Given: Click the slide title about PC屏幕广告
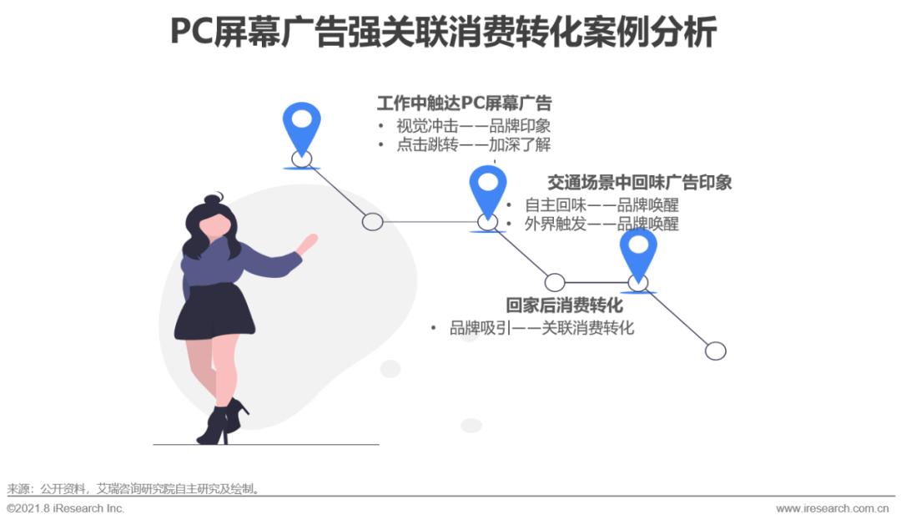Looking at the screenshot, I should pyautogui.click(x=443, y=33).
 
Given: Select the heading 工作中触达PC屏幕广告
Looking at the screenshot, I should pyautogui.click(x=464, y=103).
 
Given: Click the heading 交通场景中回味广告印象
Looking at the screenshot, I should pyautogui.click(x=639, y=182).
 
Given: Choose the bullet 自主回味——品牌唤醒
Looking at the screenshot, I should pyautogui.click(x=602, y=204).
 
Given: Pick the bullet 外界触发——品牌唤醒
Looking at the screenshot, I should pyautogui.click(x=602, y=224).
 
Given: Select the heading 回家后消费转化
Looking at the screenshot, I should pyautogui.click(x=564, y=305).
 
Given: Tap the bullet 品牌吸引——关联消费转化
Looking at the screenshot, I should pyautogui.click(x=541, y=328).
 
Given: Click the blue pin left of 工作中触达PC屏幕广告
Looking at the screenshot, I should pyautogui.click(x=301, y=128).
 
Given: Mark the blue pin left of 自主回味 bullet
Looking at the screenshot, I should pyautogui.click(x=487, y=190).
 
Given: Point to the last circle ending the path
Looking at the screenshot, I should pyautogui.click(x=715, y=351).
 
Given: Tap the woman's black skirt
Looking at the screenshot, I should pyautogui.click(x=214, y=313).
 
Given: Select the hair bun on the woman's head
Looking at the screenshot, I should pyautogui.click(x=214, y=199).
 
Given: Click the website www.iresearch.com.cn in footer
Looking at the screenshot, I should pyautogui.click(x=832, y=508).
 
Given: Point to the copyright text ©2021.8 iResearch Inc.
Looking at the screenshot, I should pyautogui.click(x=65, y=508).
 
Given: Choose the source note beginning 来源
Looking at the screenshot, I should pyautogui.click(x=133, y=489).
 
